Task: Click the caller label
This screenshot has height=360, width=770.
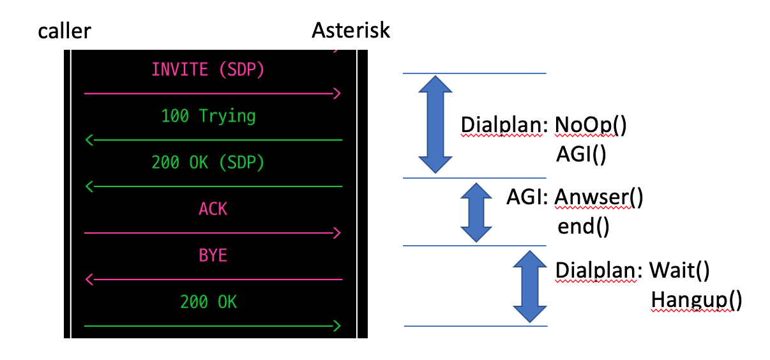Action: pyautogui.click(x=64, y=30)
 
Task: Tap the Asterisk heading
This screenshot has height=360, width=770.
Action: pyautogui.click(x=351, y=30)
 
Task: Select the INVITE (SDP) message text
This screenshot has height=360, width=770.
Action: pyautogui.click(x=208, y=70)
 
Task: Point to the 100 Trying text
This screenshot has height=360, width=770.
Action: pyautogui.click(x=208, y=116)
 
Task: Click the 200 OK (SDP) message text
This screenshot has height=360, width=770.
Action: pyautogui.click(x=208, y=163)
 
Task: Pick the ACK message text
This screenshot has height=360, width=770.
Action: pyautogui.click(x=213, y=209)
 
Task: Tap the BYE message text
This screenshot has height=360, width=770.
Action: pyautogui.click(x=213, y=255)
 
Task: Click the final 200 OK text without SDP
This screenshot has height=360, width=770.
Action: pyautogui.click(x=208, y=302)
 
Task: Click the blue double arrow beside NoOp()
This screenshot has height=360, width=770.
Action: pyautogui.click(x=434, y=124)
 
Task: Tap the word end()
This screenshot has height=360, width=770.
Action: pyautogui.click(x=584, y=226)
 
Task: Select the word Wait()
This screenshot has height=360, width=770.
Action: pyautogui.click(x=679, y=270)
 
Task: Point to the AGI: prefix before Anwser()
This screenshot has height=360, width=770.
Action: pyautogui.click(x=528, y=198)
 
